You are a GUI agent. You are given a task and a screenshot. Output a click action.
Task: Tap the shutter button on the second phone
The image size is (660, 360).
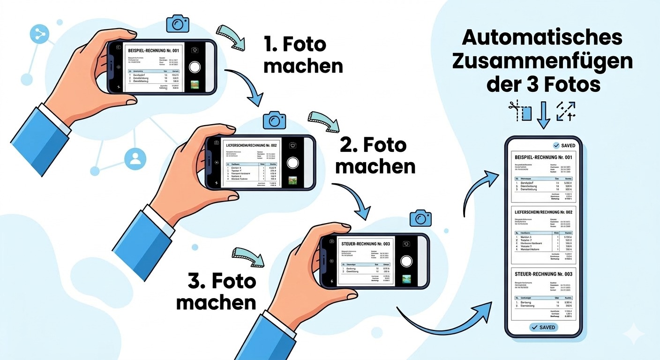tap(293, 163)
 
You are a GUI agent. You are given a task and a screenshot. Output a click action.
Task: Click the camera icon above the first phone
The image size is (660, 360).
tap(178, 23)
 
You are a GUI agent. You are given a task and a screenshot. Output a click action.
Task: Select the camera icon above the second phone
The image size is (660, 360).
tap(274, 120)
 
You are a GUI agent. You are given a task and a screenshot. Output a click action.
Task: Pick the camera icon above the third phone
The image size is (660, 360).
tap(420, 218)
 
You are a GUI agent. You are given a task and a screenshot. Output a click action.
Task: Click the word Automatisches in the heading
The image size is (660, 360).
tap(543, 37)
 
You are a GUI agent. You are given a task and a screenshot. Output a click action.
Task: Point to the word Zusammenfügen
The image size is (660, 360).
tap(543, 61)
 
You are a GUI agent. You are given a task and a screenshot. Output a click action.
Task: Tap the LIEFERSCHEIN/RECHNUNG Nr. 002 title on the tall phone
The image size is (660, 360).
tap(543, 212)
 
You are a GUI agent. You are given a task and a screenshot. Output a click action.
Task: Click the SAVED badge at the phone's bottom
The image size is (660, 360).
tap(543, 327)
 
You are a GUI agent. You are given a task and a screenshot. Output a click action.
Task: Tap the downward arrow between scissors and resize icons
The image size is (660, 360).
tap(543, 114)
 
